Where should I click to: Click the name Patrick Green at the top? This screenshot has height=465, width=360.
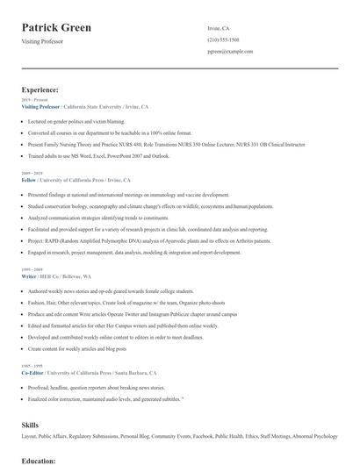(x=56, y=27)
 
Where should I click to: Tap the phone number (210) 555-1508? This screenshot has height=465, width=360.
(x=223, y=40)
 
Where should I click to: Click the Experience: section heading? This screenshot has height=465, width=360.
(x=40, y=89)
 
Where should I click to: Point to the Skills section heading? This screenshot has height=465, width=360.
(x=30, y=424)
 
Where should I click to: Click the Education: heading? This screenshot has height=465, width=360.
(x=39, y=460)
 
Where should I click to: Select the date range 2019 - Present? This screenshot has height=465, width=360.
(x=34, y=101)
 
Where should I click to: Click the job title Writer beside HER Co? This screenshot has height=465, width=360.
(x=29, y=276)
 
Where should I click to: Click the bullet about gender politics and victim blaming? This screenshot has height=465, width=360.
(x=76, y=121)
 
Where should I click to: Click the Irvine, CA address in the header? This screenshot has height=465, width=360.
(x=219, y=28)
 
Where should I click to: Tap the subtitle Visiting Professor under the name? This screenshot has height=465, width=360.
(x=44, y=41)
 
